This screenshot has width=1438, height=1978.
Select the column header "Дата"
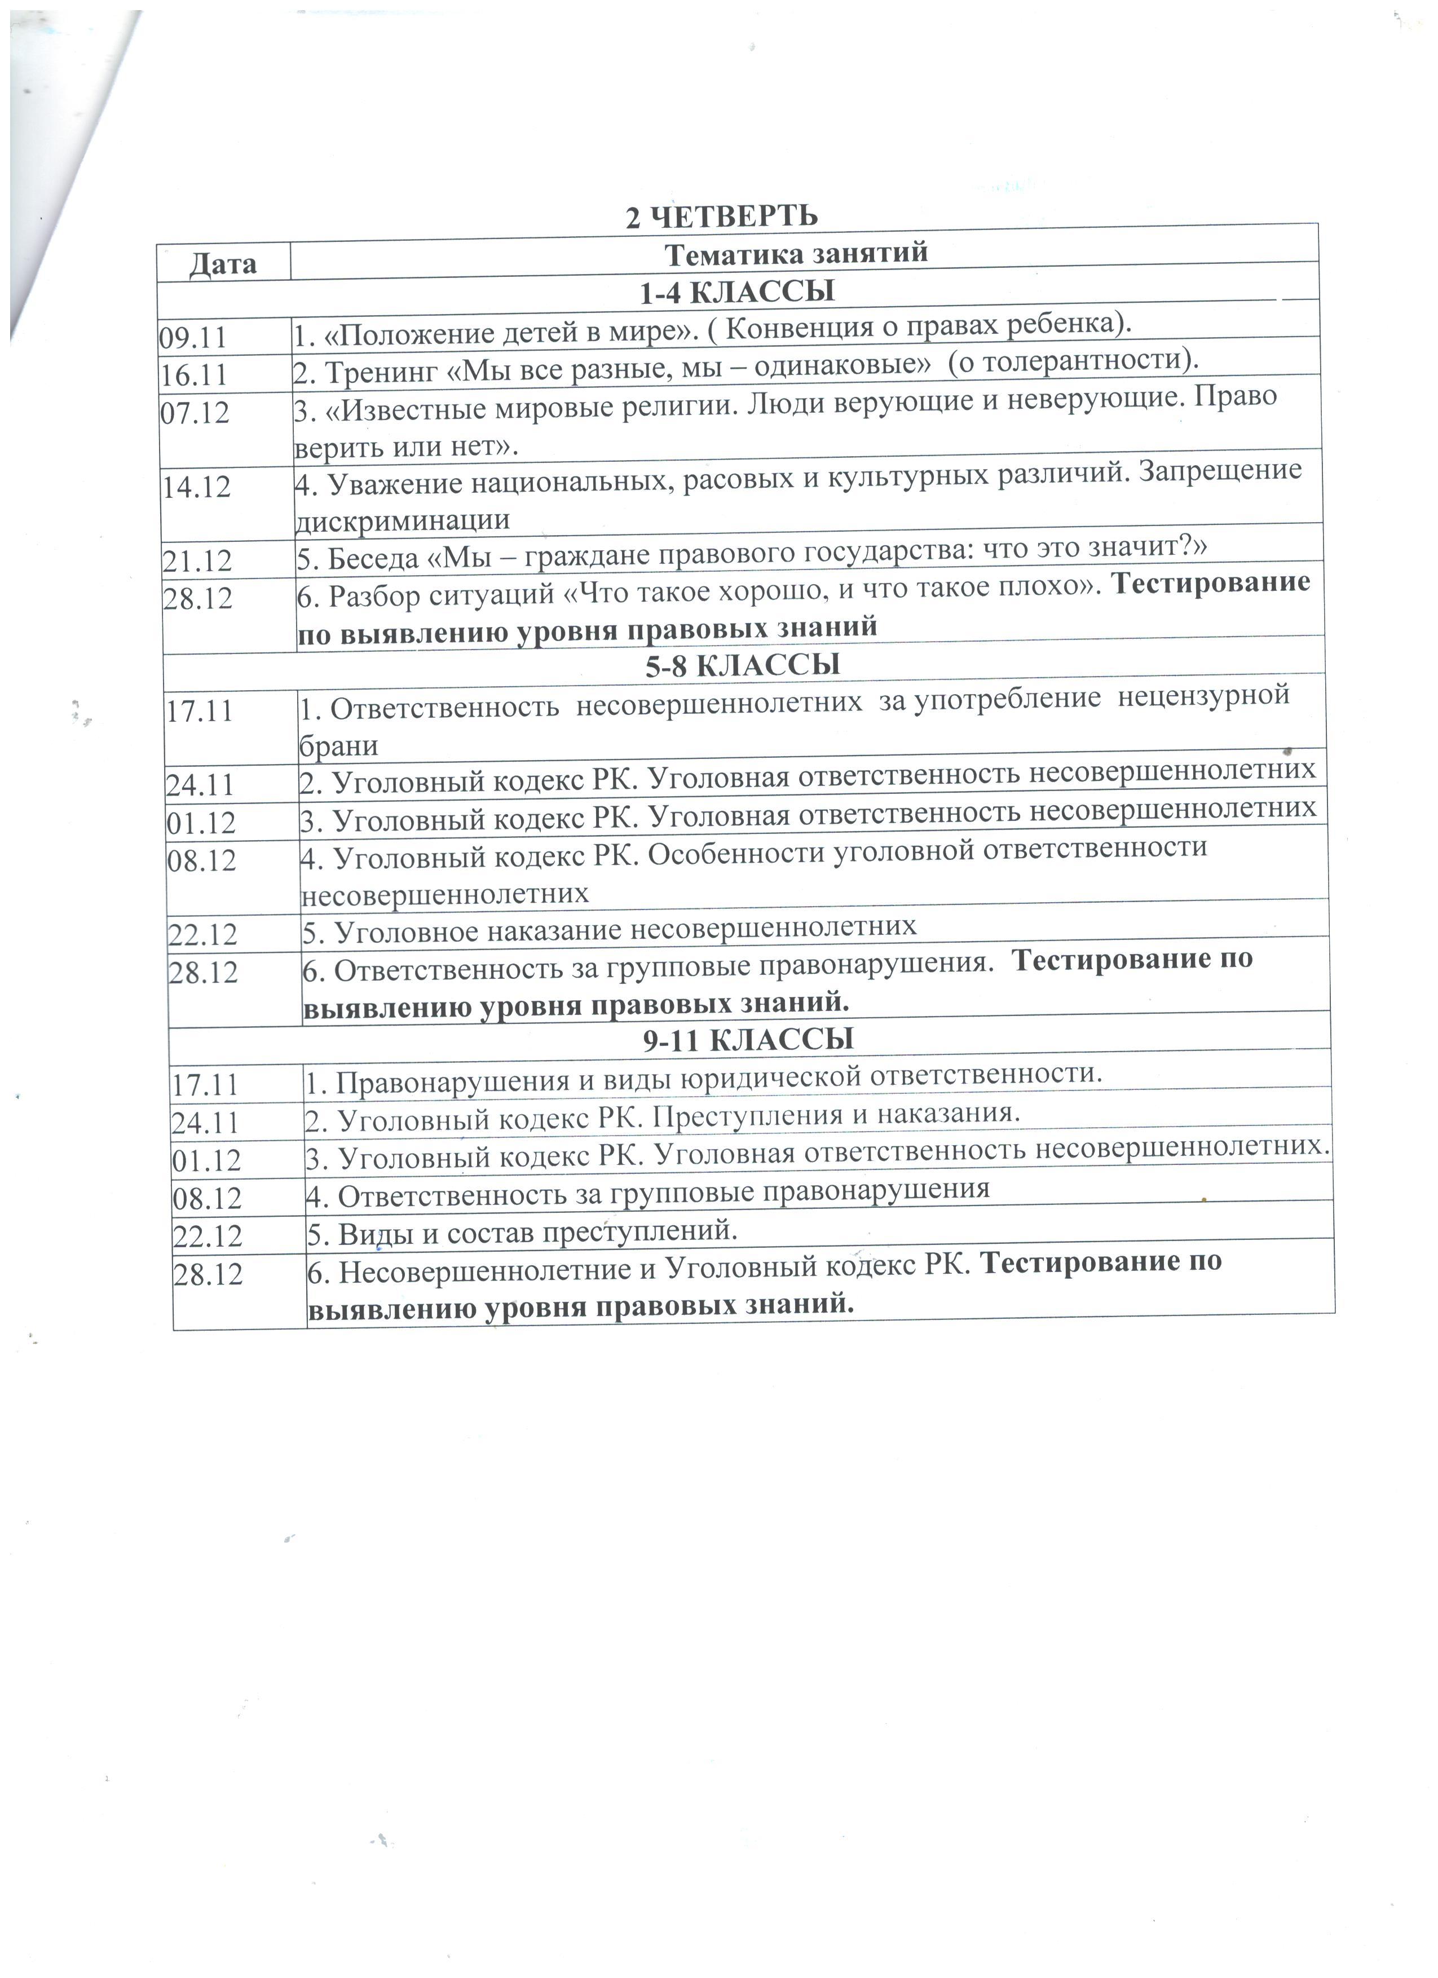coord(223,263)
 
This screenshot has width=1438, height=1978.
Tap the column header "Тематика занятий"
coord(795,254)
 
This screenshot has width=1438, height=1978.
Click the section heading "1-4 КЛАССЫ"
coord(737,292)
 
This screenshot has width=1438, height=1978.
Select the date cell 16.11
coord(193,375)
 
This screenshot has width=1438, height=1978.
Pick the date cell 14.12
coord(196,487)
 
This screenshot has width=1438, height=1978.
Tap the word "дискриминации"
coord(403,520)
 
